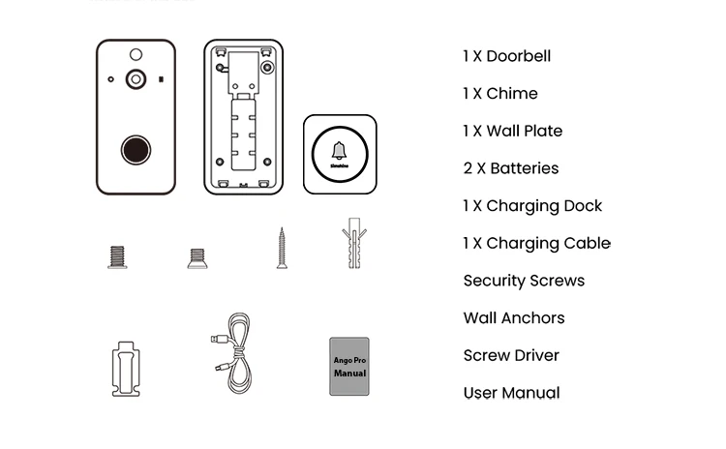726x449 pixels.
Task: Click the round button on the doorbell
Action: [x=135, y=151]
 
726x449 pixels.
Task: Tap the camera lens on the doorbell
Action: [x=136, y=78]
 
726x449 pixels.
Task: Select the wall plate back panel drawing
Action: [x=243, y=116]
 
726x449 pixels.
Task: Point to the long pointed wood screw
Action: [x=282, y=247]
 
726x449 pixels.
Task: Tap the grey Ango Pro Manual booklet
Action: [x=349, y=367]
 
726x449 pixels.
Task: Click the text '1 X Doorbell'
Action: [x=506, y=56]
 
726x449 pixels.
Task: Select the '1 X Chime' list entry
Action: [x=499, y=94]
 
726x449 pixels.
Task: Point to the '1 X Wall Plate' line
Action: [x=512, y=131]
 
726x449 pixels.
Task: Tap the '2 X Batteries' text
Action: [x=510, y=168]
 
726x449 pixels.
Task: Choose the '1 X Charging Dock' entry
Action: [x=532, y=206]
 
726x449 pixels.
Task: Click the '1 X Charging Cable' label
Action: [x=536, y=243]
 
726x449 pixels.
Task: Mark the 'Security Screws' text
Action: [x=524, y=281]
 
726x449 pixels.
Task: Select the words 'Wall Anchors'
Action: [x=513, y=318]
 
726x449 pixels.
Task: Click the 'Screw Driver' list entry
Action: [x=511, y=355]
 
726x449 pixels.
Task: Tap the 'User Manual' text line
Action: [x=511, y=393]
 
